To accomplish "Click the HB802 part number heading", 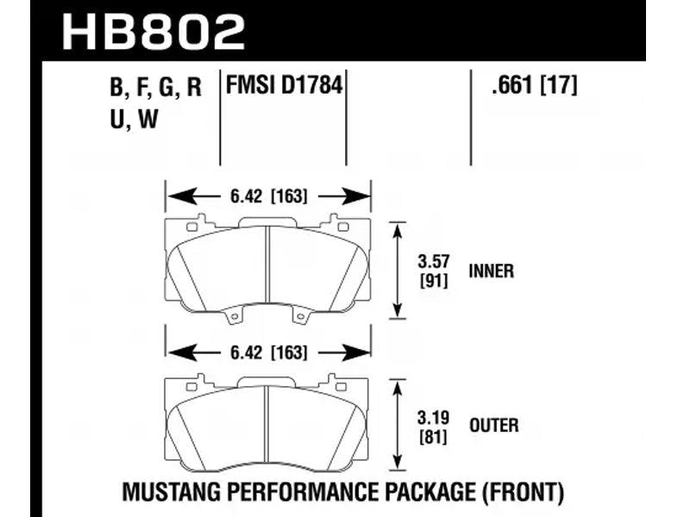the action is click(154, 31).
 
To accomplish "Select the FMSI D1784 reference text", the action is click(284, 84).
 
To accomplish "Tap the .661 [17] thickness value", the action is click(534, 84).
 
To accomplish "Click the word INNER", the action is click(491, 271).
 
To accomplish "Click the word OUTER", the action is click(493, 425).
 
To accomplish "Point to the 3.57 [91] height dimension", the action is click(434, 271).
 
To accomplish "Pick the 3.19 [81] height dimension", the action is click(434, 427).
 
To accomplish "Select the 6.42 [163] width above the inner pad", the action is click(268, 196).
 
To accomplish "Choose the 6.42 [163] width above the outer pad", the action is click(268, 352).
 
